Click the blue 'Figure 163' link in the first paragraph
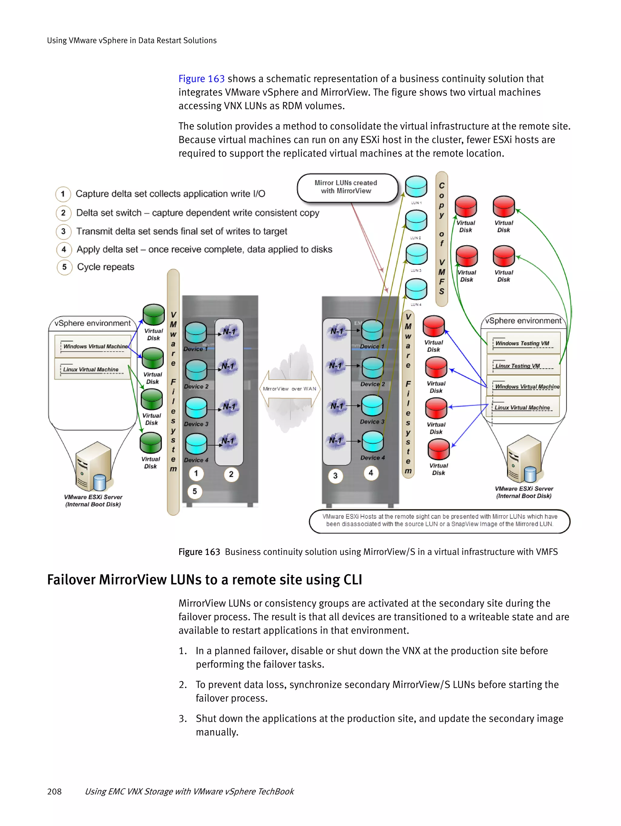[201, 79]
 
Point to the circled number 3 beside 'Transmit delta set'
[63, 231]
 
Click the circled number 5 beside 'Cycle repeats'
[64, 267]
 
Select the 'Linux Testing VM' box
[523, 365]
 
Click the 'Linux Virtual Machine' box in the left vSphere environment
[91, 369]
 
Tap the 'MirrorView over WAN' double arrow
[290, 389]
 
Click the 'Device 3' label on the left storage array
[196, 424]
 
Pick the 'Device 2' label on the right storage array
[372, 384]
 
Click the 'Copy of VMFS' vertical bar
[442, 239]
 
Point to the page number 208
[55, 791]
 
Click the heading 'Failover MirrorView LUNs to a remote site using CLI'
[204, 580]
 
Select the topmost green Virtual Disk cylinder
[153, 315]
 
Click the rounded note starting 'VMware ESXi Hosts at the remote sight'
[439, 521]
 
